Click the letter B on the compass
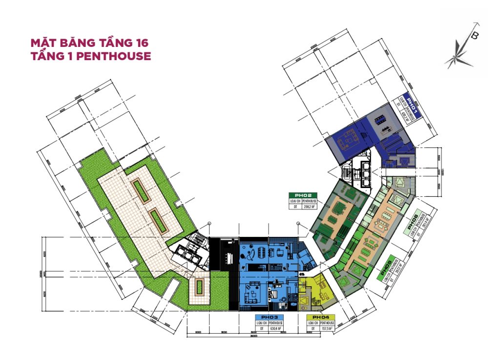[475, 35]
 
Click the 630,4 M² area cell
[277, 329]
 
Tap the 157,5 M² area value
[327, 329]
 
